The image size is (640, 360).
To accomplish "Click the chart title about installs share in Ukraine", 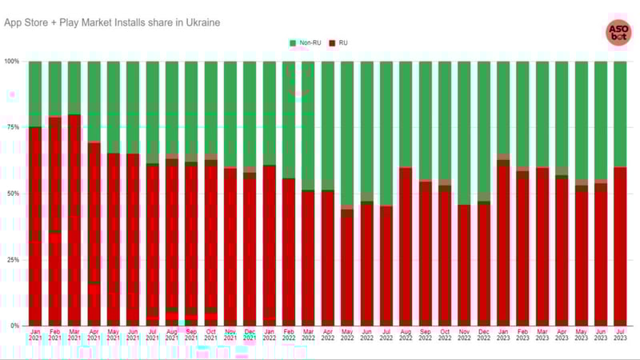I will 112,22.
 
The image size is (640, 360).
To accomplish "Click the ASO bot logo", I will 618,32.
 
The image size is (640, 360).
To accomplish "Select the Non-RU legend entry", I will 306,42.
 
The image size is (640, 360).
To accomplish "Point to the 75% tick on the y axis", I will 14,127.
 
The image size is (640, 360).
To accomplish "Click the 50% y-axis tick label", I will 14,194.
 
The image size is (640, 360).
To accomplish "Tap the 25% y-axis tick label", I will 14,260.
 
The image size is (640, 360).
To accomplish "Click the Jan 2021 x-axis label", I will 35,335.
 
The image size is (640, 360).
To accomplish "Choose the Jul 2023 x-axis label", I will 620,335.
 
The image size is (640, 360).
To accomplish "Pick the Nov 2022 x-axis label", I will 464,335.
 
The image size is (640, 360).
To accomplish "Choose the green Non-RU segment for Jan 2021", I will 35,92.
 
